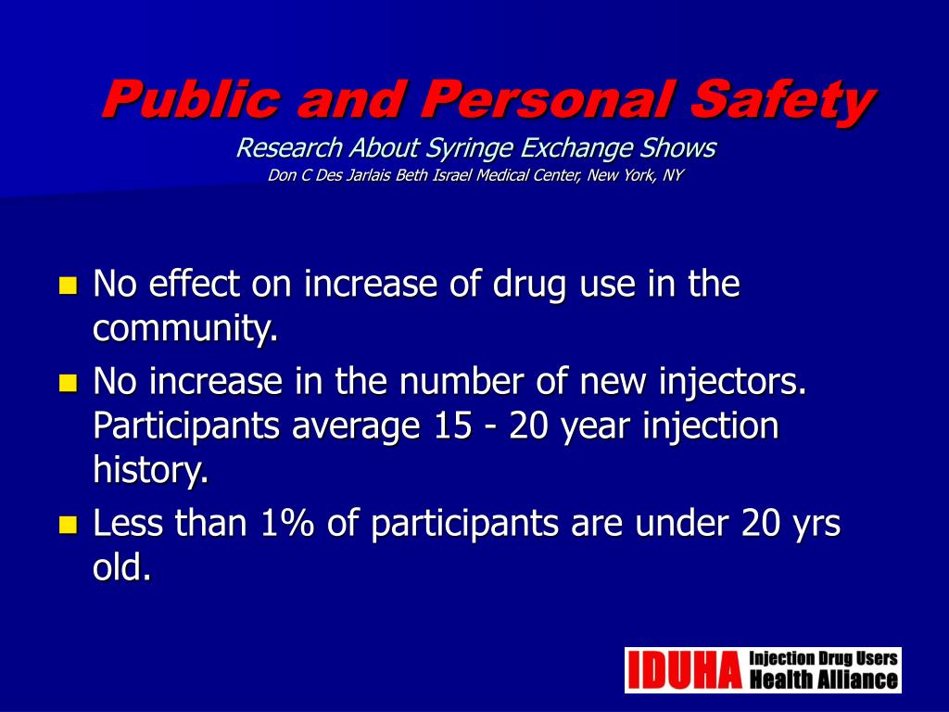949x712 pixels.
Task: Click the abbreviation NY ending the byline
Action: click(672, 175)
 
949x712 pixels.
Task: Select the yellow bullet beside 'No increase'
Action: click(67, 383)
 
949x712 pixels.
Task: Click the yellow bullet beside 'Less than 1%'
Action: click(67, 526)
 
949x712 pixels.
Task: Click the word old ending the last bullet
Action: click(121, 568)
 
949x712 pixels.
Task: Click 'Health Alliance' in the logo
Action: click(823, 680)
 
